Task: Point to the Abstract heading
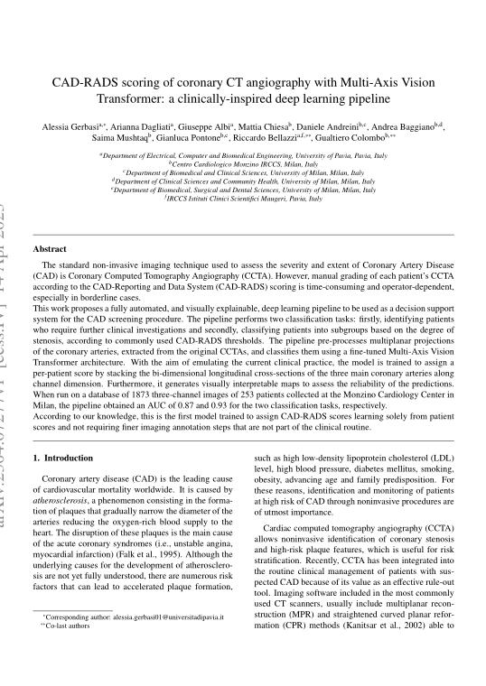[x=50, y=247]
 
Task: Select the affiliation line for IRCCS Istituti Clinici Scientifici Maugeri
[x=243, y=198]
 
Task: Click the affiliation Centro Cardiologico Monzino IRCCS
[x=243, y=163]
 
